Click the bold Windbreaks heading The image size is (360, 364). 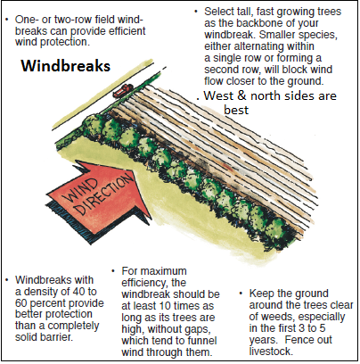[x=66, y=66]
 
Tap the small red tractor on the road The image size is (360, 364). [x=122, y=91]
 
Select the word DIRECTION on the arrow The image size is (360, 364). [x=104, y=194]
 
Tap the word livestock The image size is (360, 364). [x=271, y=352]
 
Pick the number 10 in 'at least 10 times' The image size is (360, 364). [x=166, y=306]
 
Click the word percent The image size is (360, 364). [x=49, y=303]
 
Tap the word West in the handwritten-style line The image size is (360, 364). [x=219, y=95]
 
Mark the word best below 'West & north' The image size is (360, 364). [x=236, y=110]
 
